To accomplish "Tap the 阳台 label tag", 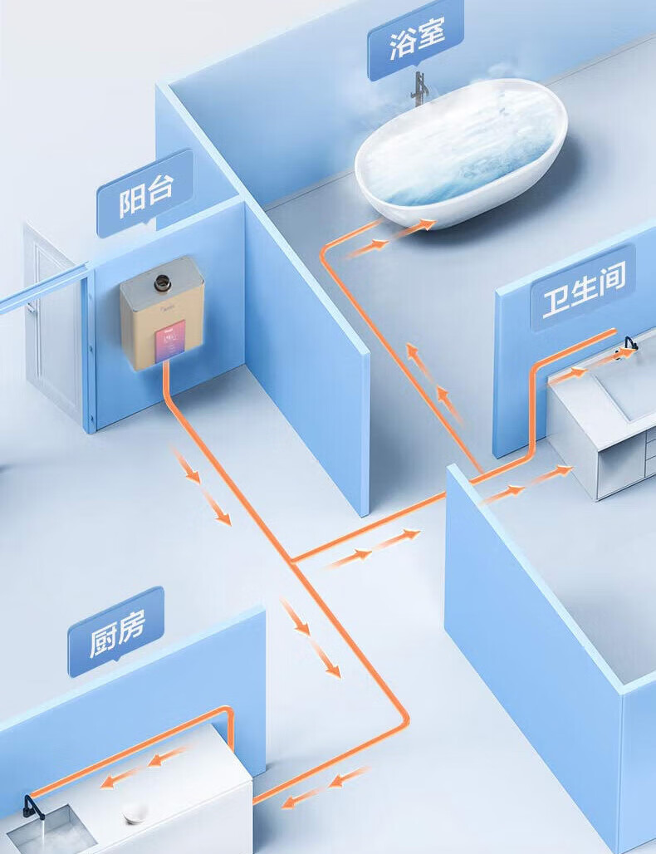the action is pyautogui.click(x=145, y=194).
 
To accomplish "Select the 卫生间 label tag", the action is pyautogui.click(x=583, y=287).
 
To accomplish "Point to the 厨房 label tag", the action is pyautogui.click(x=116, y=631).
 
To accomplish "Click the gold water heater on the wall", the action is pyautogui.click(x=163, y=312).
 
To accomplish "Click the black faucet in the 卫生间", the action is pyautogui.click(x=630, y=344).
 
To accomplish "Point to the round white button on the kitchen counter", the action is pyautogui.click(x=135, y=812).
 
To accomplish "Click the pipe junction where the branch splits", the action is pyautogui.click(x=292, y=562).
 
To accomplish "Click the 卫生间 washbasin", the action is pyautogui.click(x=627, y=386).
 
